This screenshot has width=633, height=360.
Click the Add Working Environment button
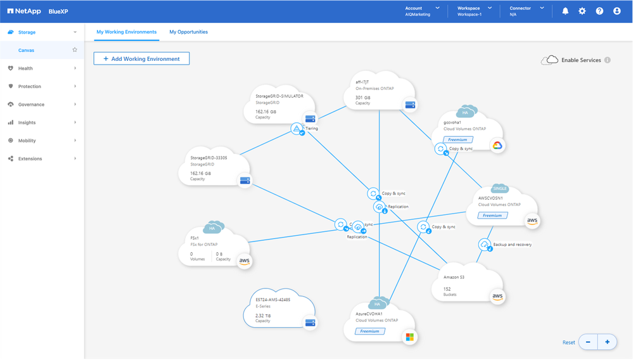click(141, 59)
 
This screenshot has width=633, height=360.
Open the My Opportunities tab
click(188, 32)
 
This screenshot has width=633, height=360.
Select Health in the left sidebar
click(25, 68)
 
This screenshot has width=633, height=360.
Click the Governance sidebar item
click(31, 105)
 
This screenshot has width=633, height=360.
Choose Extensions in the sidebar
click(30, 159)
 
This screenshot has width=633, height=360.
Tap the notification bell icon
click(565, 11)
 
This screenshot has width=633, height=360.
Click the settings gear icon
click(582, 11)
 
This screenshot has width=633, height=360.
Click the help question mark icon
click(599, 11)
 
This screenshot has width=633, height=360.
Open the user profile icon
click(617, 11)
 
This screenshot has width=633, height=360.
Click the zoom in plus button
click(607, 342)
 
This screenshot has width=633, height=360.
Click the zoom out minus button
click(588, 342)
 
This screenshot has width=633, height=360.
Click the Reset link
click(569, 343)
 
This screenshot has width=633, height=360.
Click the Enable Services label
click(581, 60)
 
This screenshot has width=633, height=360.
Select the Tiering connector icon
click(297, 128)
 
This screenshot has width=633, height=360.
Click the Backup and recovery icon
click(485, 244)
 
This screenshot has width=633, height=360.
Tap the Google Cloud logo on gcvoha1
click(497, 146)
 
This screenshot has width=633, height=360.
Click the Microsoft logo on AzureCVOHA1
click(410, 336)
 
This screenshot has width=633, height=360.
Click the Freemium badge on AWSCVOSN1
click(492, 215)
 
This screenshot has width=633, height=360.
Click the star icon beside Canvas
click(75, 49)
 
